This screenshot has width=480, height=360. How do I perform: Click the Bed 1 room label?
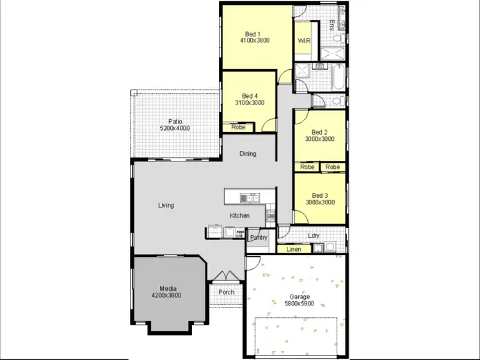253,34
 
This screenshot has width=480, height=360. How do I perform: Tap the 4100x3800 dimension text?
254,41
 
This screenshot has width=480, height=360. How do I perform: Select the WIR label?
304,41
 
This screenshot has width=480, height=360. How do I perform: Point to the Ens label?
332,25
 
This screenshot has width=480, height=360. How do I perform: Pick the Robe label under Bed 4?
238,127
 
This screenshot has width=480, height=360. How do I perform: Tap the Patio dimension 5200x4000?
175,128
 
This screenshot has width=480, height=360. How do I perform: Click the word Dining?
248,154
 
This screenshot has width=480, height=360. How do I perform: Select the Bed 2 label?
319,131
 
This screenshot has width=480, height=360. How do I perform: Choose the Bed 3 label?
319,195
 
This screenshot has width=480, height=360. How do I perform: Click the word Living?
166,206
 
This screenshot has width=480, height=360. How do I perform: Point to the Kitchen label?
239,215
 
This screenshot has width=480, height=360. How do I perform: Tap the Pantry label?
259,238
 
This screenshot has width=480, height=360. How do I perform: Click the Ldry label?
314,235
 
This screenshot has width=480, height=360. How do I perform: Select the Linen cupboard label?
294,249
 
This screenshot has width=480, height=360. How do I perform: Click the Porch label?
226,292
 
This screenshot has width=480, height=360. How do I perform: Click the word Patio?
175,121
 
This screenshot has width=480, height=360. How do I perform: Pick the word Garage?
299,297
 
